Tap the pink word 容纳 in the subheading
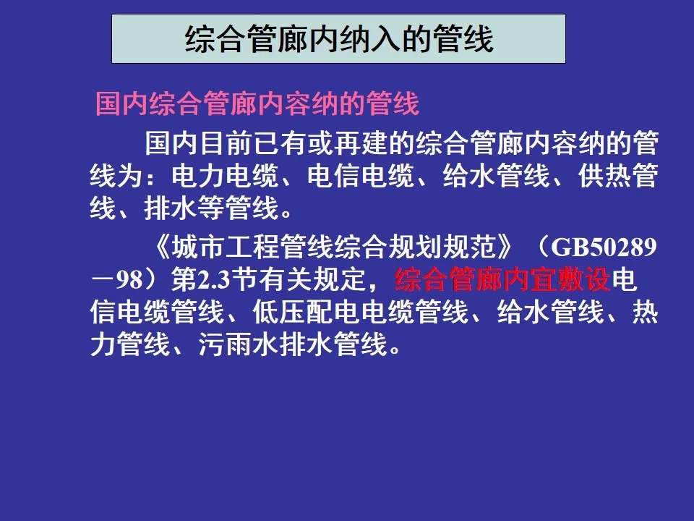click(x=312, y=104)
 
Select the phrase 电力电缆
click(x=226, y=176)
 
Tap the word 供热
click(x=604, y=176)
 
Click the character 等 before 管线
click(x=212, y=208)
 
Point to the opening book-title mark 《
click(x=163, y=247)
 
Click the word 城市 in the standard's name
click(x=198, y=247)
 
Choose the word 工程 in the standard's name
click(x=252, y=247)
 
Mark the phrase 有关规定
click(x=312, y=280)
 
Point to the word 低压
click(x=279, y=313)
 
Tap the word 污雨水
click(x=239, y=344)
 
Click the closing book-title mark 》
click(x=505, y=247)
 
